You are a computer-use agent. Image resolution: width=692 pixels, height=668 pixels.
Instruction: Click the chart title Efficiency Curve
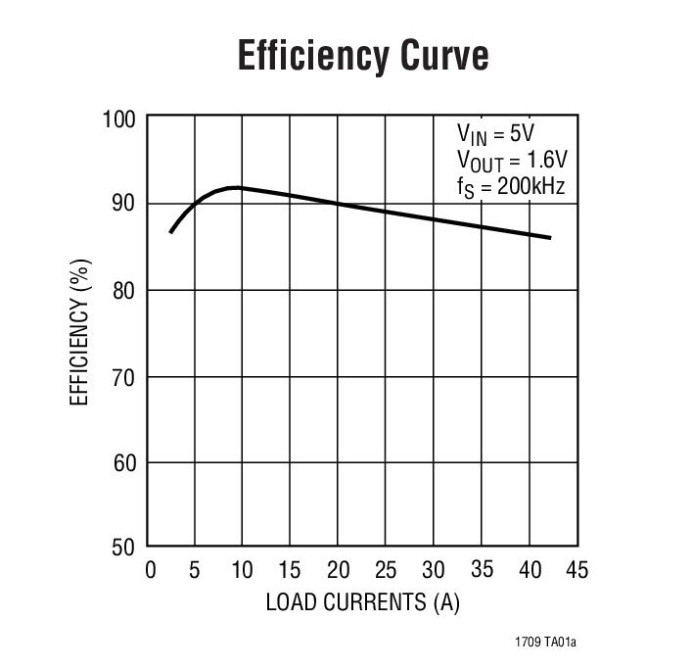point(363,57)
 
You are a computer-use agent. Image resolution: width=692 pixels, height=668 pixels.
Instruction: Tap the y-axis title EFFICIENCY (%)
point(83,332)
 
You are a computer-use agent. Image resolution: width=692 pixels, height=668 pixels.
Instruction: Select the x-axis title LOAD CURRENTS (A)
point(362,602)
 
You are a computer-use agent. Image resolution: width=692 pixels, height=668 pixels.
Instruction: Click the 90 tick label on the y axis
point(124,204)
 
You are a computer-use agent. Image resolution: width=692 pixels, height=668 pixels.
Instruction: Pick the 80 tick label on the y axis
point(124,290)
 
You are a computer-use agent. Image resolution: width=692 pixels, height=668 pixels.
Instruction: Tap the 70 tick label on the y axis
point(124,376)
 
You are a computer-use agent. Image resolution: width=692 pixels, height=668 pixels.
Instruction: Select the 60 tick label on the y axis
point(124,461)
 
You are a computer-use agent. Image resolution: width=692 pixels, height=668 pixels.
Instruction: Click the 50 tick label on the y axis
point(124,547)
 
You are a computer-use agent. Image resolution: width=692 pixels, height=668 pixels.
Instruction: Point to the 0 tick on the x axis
point(150,570)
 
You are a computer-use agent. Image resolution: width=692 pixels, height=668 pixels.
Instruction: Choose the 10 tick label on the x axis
point(242,570)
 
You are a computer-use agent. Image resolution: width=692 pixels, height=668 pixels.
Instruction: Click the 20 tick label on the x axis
point(338,570)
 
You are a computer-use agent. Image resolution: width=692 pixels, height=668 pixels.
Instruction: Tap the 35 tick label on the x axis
point(482,570)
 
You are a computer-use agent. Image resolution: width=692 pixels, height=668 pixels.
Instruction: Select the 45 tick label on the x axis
point(577,570)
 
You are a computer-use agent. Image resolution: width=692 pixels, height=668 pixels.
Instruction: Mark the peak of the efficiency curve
point(236,187)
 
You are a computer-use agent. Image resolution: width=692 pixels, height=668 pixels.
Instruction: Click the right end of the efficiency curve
point(550,238)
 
